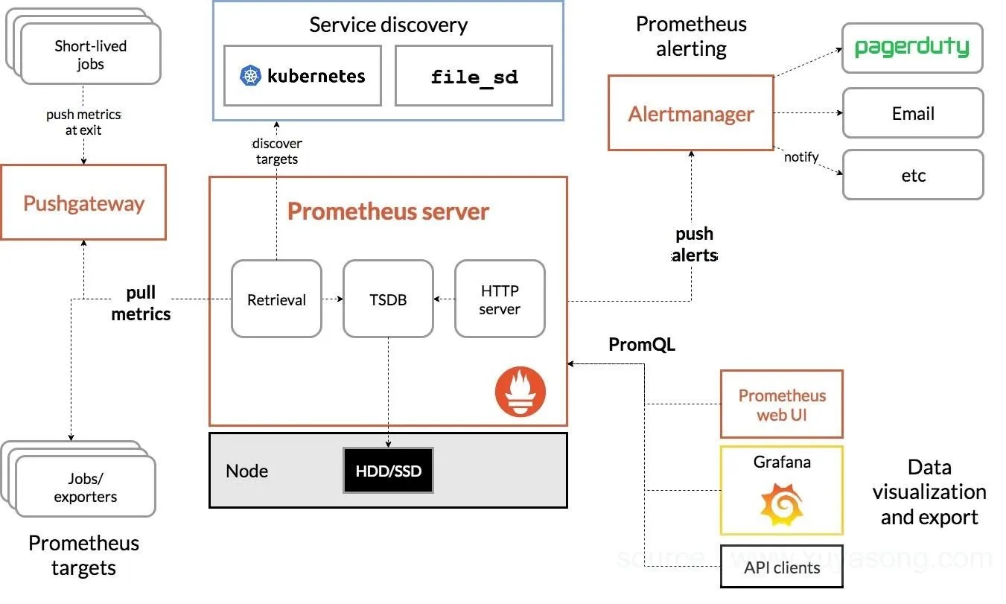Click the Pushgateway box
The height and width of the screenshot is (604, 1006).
[x=83, y=203]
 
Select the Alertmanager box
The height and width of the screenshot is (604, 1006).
[x=690, y=113]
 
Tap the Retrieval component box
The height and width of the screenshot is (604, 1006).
[x=276, y=299]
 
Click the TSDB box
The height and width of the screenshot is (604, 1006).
[x=388, y=299]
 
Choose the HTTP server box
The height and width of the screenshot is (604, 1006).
[x=500, y=299]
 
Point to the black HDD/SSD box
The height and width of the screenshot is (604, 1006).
[x=388, y=470]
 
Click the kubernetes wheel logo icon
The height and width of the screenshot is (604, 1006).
[x=250, y=75]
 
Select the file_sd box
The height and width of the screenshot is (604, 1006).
[x=474, y=76]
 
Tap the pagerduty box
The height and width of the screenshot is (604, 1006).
[x=912, y=48]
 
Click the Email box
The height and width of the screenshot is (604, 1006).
[x=912, y=113]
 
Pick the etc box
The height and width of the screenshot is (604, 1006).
[x=912, y=175]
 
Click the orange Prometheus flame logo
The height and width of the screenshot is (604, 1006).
[x=520, y=392]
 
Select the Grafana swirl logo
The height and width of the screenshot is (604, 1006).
[x=780, y=504]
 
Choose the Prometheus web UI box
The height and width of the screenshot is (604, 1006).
[x=781, y=404]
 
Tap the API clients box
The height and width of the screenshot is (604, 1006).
[x=781, y=568]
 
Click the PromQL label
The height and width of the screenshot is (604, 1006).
[x=642, y=344]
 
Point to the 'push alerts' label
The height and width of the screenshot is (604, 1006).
[x=694, y=245]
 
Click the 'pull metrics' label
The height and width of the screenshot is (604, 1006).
[x=141, y=303]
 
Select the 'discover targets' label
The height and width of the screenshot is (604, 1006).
[x=277, y=151]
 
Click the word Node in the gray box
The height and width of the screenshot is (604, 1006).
[x=246, y=471]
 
